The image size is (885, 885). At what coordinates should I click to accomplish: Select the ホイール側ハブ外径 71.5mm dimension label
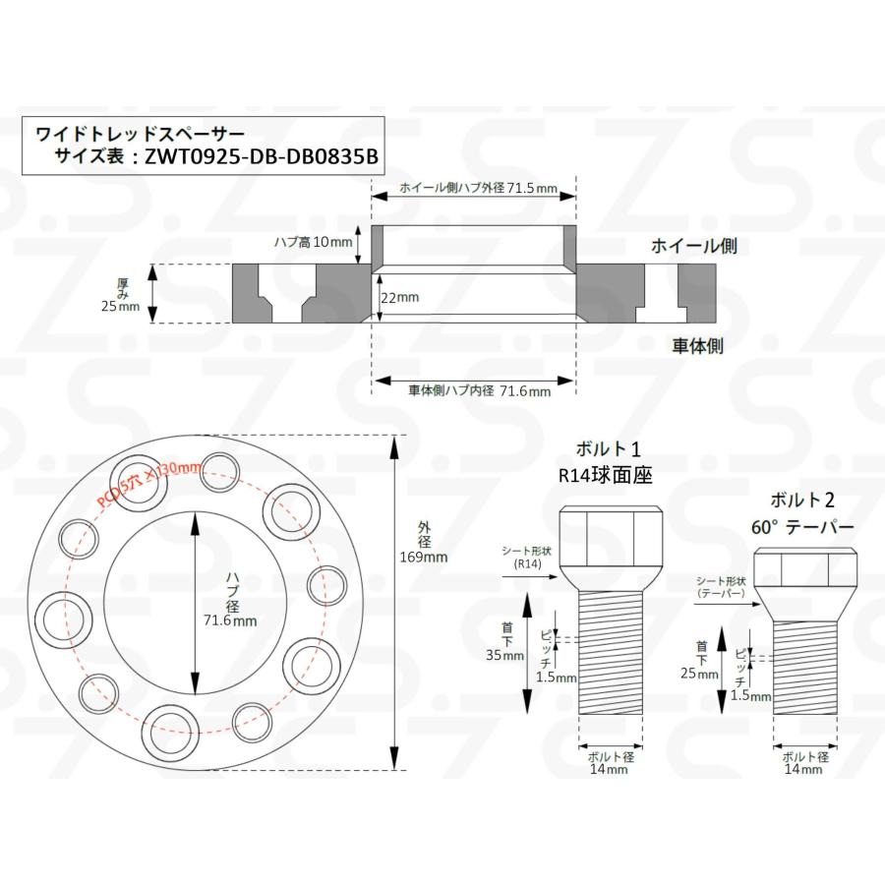pos(472,186)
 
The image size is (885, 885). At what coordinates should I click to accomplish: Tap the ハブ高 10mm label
pos(305,241)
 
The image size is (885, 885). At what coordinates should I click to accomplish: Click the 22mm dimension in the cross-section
pos(399,295)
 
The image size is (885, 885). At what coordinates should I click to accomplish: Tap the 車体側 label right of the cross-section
pos(698,345)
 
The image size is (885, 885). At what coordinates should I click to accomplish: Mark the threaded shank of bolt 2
pos(803,678)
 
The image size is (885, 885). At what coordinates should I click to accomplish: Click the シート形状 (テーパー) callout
pos(720,588)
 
